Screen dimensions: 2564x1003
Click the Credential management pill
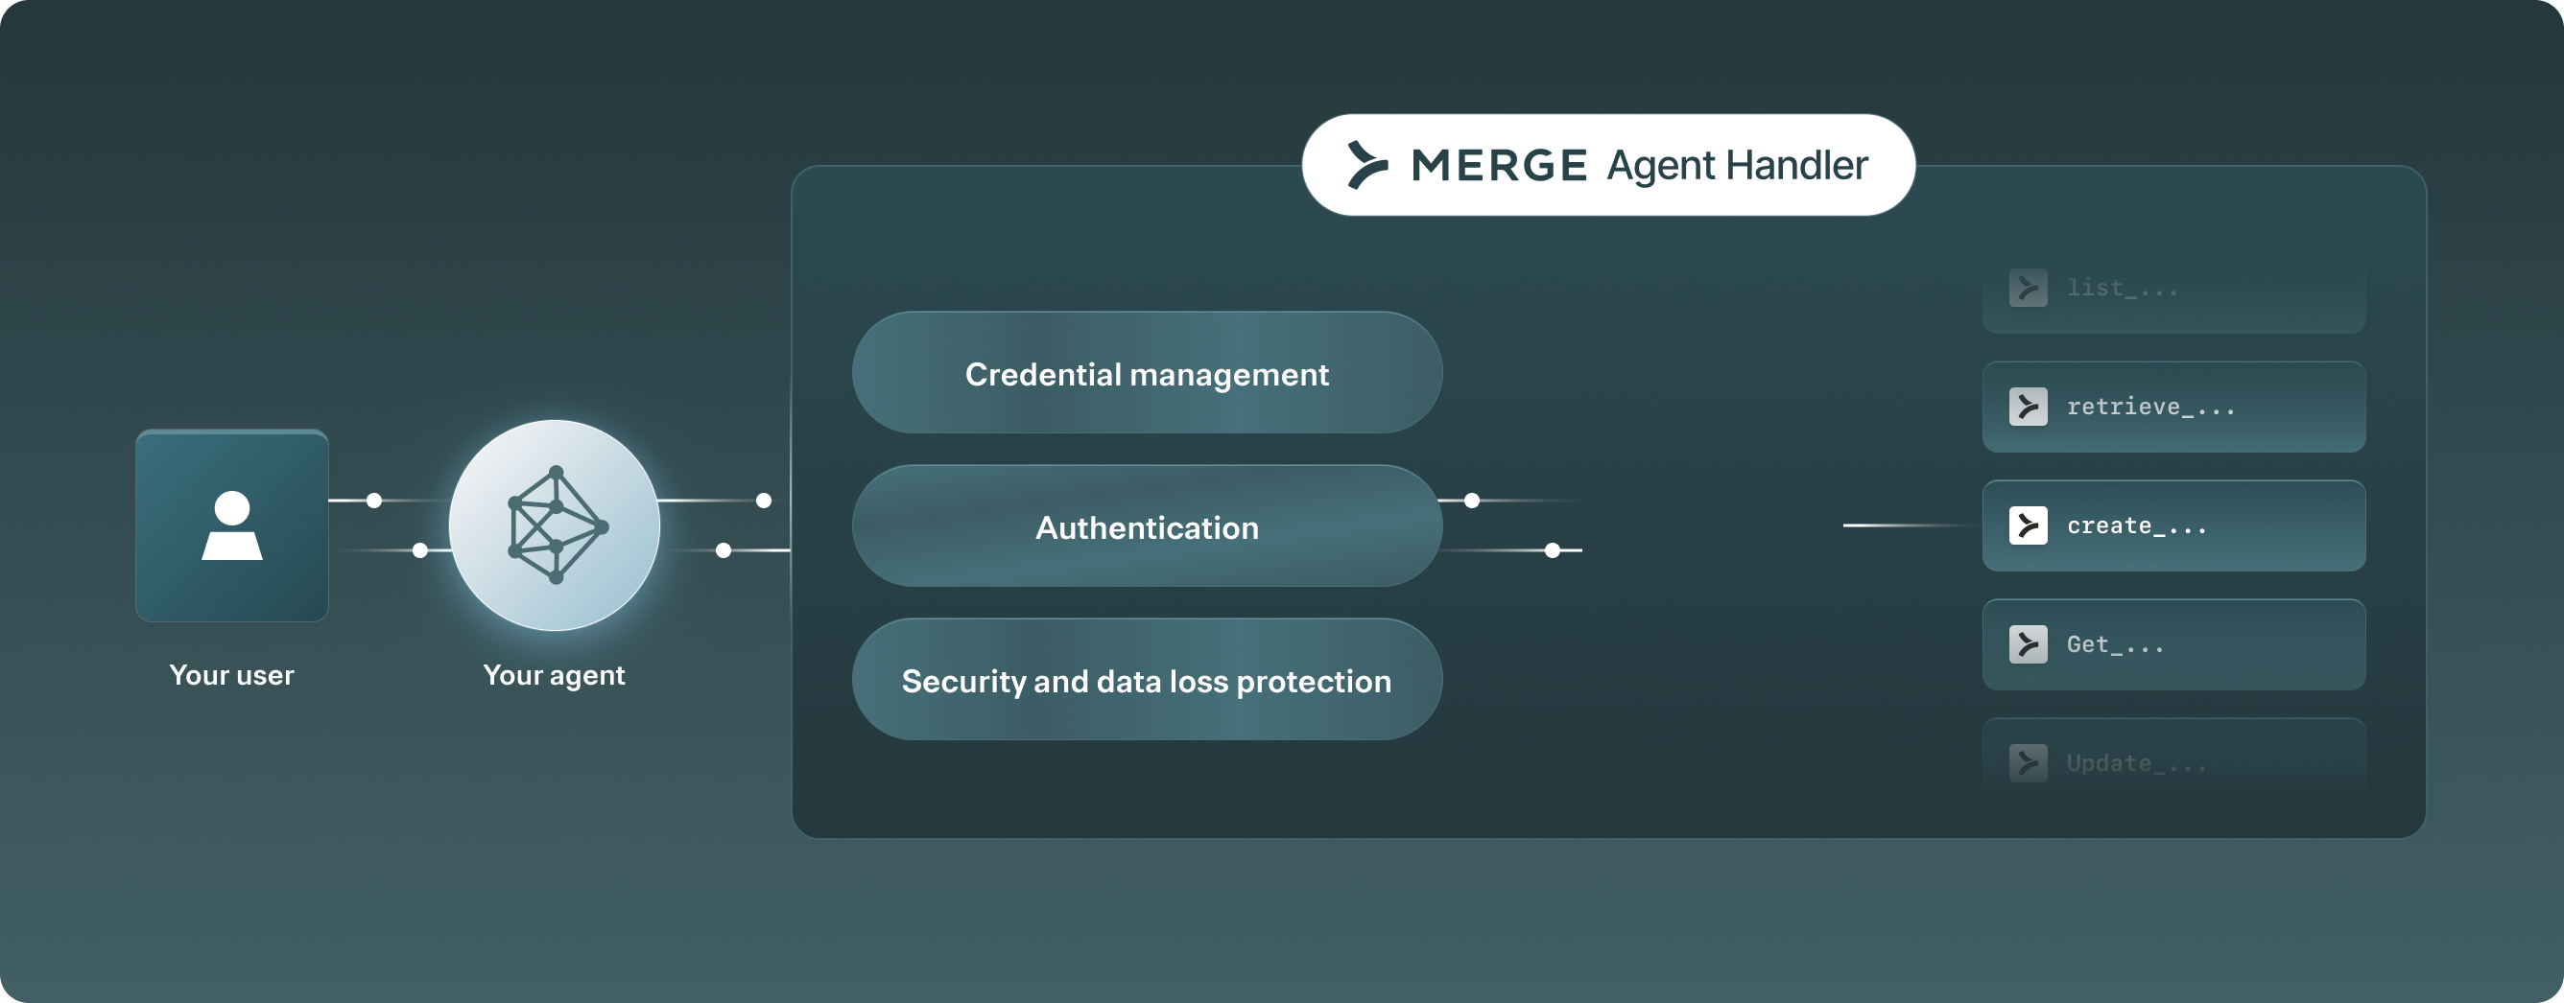point(1147,373)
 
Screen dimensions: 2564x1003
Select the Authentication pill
point(1147,526)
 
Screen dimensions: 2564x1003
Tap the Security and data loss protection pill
point(1147,680)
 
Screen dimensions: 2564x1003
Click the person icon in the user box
point(232,525)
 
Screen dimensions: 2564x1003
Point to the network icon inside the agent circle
point(556,525)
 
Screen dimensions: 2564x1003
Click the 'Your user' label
point(232,675)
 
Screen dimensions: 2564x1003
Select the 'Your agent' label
point(555,675)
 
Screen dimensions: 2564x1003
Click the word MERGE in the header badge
point(1499,165)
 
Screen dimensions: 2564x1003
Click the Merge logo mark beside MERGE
point(1366,165)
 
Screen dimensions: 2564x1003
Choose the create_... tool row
point(2173,525)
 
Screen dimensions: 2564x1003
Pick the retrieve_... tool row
point(2173,407)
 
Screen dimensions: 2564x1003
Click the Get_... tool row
point(2173,644)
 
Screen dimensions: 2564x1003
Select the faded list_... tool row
point(2173,289)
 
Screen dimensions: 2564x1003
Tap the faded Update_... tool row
point(2173,762)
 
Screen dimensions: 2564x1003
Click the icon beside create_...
point(2028,525)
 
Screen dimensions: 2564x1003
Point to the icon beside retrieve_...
point(2028,407)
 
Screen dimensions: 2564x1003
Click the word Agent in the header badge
point(1654,165)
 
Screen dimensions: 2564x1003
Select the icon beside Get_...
point(2028,644)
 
